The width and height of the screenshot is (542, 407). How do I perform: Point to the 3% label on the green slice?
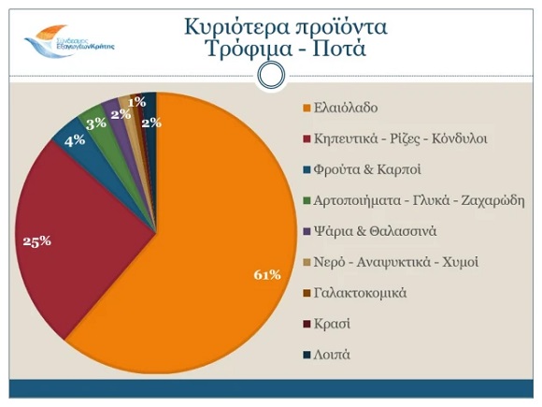pos(95,124)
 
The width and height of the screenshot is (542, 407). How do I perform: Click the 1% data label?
pos(136,101)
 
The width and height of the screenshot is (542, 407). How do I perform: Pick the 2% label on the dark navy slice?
pos(149,122)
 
